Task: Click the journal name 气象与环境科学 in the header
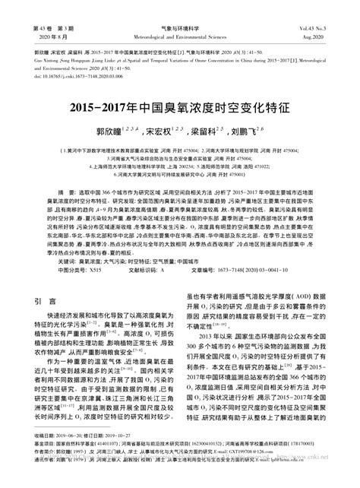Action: (179, 7)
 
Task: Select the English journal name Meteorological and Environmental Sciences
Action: (179, 15)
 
